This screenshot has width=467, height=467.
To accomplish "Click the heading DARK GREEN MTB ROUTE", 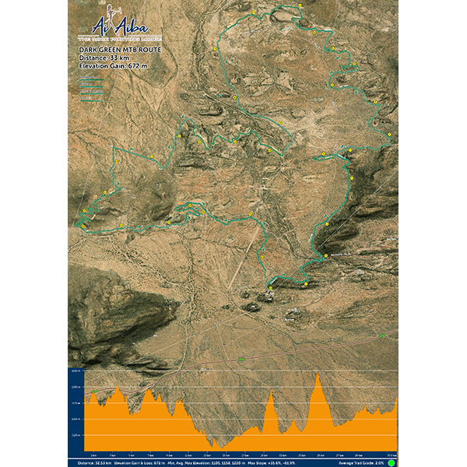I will (109, 49).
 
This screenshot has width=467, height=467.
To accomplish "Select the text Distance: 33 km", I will (103, 58).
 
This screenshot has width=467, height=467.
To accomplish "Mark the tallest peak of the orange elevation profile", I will (318, 376).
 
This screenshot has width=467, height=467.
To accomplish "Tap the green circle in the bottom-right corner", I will (391, 462).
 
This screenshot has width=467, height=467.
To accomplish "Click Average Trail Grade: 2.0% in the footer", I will (363, 462).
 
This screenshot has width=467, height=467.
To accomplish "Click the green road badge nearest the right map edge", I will (382, 335).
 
